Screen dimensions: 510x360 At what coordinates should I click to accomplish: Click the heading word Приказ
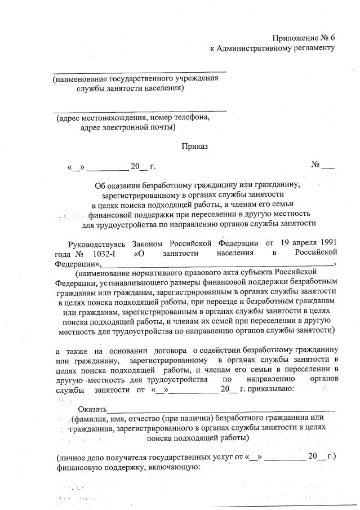point(194,146)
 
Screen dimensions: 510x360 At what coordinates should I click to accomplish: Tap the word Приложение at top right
point(295,38)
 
